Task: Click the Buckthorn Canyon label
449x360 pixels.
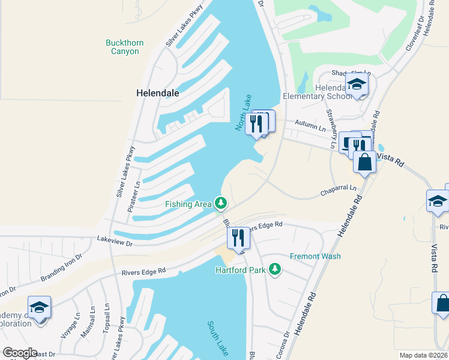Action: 122,47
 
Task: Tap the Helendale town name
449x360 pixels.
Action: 158,93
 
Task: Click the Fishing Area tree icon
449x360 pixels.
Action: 221,204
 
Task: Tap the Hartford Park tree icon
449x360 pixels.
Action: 276,270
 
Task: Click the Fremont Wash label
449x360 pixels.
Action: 315,256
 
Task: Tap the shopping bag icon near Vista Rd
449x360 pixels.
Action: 364,162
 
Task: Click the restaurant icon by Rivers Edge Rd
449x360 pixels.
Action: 238,238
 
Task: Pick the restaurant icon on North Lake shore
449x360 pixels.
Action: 257,124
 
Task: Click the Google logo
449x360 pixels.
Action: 20,353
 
